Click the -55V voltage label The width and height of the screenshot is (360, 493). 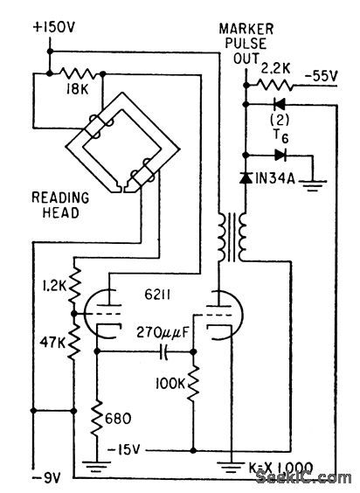(x=322, y=77)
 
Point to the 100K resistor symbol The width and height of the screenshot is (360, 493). (x=194, y=383)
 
